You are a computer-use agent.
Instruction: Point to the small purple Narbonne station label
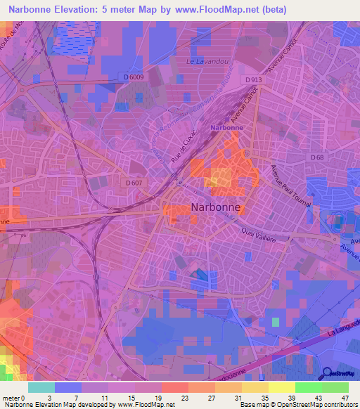227,128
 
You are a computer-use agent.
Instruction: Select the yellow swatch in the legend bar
281,387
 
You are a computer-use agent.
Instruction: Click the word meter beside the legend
11,398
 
